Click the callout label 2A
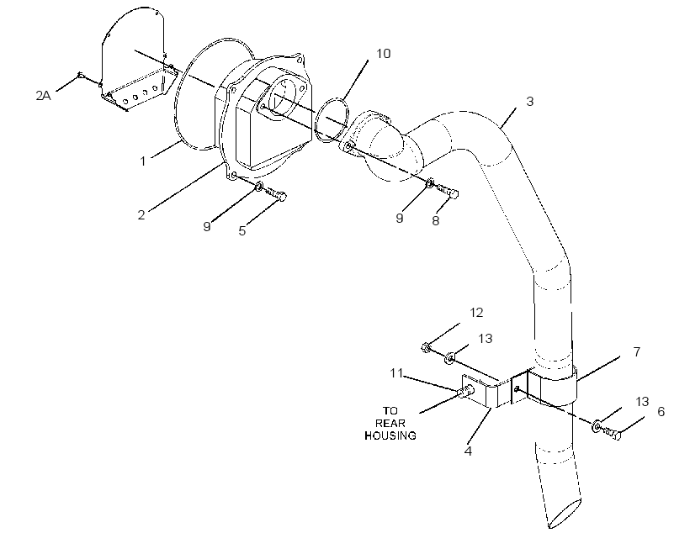[43, 96]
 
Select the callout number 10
[383, 53]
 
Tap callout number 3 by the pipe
[530, 101]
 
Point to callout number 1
[142, 161]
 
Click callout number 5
[242, 231]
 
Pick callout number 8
[435, 221]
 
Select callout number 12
[476, 313]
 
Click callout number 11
[396, 373]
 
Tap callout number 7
[637, 351]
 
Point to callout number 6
[661, 412]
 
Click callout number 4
[468, 451]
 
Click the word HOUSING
[390, 435]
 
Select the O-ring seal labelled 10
[332, 119]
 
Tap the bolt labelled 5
[276, 193]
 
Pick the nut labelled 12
[426, 347]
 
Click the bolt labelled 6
[612, 433]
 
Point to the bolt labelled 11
[466, 389]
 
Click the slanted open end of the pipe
[565, 514]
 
